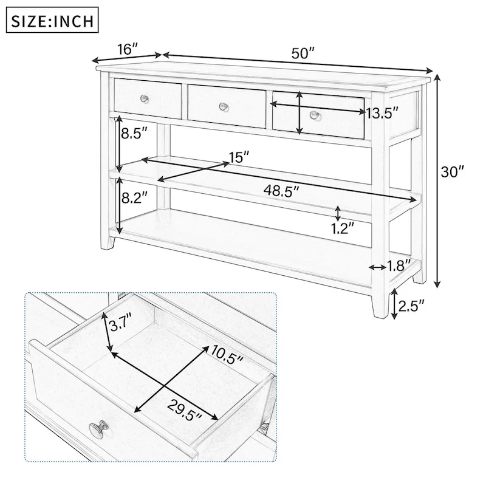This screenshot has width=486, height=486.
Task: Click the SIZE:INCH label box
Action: point(52,21)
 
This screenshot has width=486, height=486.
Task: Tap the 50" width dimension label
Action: point(302,52)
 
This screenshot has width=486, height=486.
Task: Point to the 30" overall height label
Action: point(453,172)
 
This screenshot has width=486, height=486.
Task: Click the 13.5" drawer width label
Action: point(382,112)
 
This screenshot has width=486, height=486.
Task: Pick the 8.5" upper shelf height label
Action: point(134,134)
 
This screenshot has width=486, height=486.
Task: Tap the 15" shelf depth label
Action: point(239,157)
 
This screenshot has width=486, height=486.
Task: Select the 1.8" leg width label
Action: point(399,265)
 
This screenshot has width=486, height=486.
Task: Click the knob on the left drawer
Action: point(145,98)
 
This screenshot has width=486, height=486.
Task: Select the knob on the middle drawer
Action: point(224,106)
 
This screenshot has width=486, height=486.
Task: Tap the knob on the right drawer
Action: point(314,115)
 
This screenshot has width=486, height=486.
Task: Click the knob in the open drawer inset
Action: point(99,430)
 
